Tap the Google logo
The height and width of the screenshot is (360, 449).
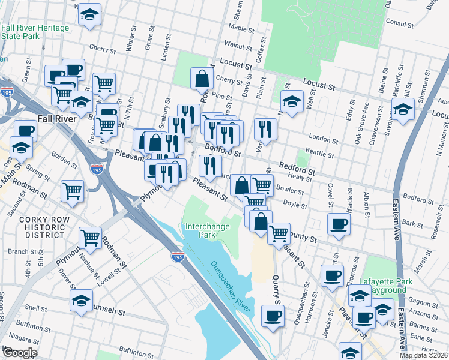click(x=19, y=353)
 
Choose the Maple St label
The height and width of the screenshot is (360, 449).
click(x=241, y=28)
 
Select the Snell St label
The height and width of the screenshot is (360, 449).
click(x=37, y=308)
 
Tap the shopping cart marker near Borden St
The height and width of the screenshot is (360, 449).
click(x=73, y=191)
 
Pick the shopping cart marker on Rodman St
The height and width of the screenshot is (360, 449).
click(x=90, y=237)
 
